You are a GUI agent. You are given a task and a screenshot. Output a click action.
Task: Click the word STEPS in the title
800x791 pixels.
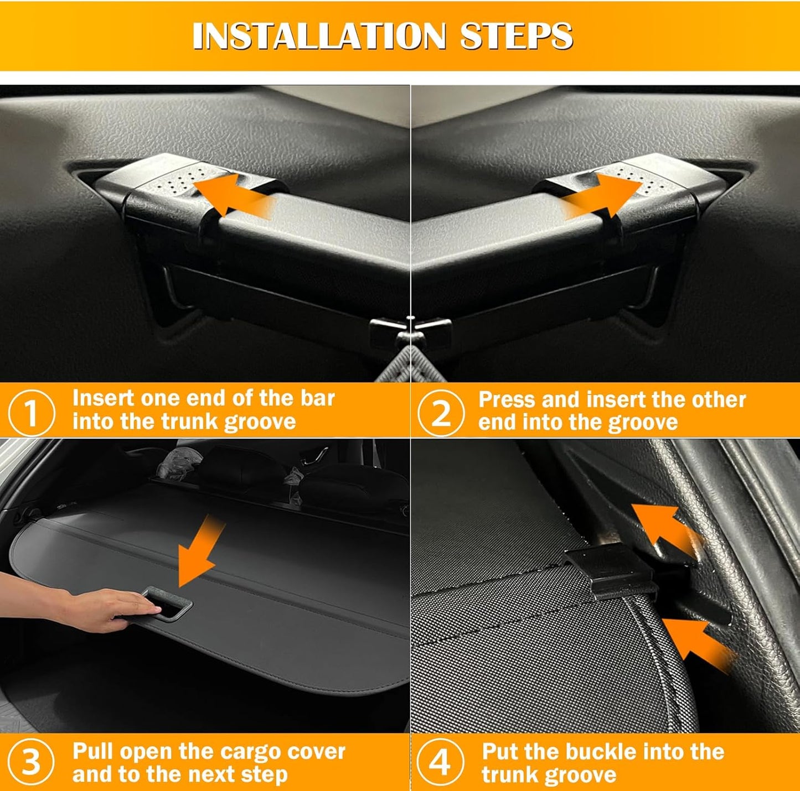pyautogui.click(x=517, y=35)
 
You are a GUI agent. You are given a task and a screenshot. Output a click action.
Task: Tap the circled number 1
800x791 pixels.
pyautogui.click(x=31, y=413)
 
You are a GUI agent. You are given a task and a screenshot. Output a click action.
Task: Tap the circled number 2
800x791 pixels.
pyautogui.click(x=441, y=413)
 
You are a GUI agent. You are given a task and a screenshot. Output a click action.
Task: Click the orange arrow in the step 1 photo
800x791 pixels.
pyautogui.click(x=234, y=196)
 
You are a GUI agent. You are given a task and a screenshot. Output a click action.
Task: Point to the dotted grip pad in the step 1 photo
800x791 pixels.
pyautogui.click(x=183, y=181)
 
